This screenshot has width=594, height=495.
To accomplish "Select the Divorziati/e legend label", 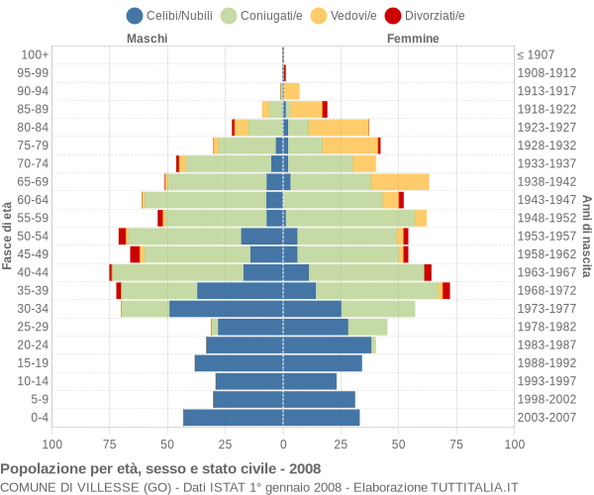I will (432, 16).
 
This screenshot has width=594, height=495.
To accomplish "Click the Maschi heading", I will (147, 39).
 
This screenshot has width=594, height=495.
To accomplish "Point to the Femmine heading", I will (413, 39).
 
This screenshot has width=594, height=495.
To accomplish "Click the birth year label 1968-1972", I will (545, 290).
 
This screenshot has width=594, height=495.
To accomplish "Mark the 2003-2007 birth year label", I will (545, 418).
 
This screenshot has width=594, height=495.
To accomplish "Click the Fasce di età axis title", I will (8, 236).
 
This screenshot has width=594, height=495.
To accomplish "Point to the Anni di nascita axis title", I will (586, 236).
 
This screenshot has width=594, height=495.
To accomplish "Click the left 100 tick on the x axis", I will (52, 445).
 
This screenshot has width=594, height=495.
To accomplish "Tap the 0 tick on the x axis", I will (283, 445).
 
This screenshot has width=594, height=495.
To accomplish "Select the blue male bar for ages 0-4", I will (233, 418).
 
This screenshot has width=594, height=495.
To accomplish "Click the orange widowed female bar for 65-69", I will (400, 182).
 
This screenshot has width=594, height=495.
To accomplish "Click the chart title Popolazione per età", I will (160, 468).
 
